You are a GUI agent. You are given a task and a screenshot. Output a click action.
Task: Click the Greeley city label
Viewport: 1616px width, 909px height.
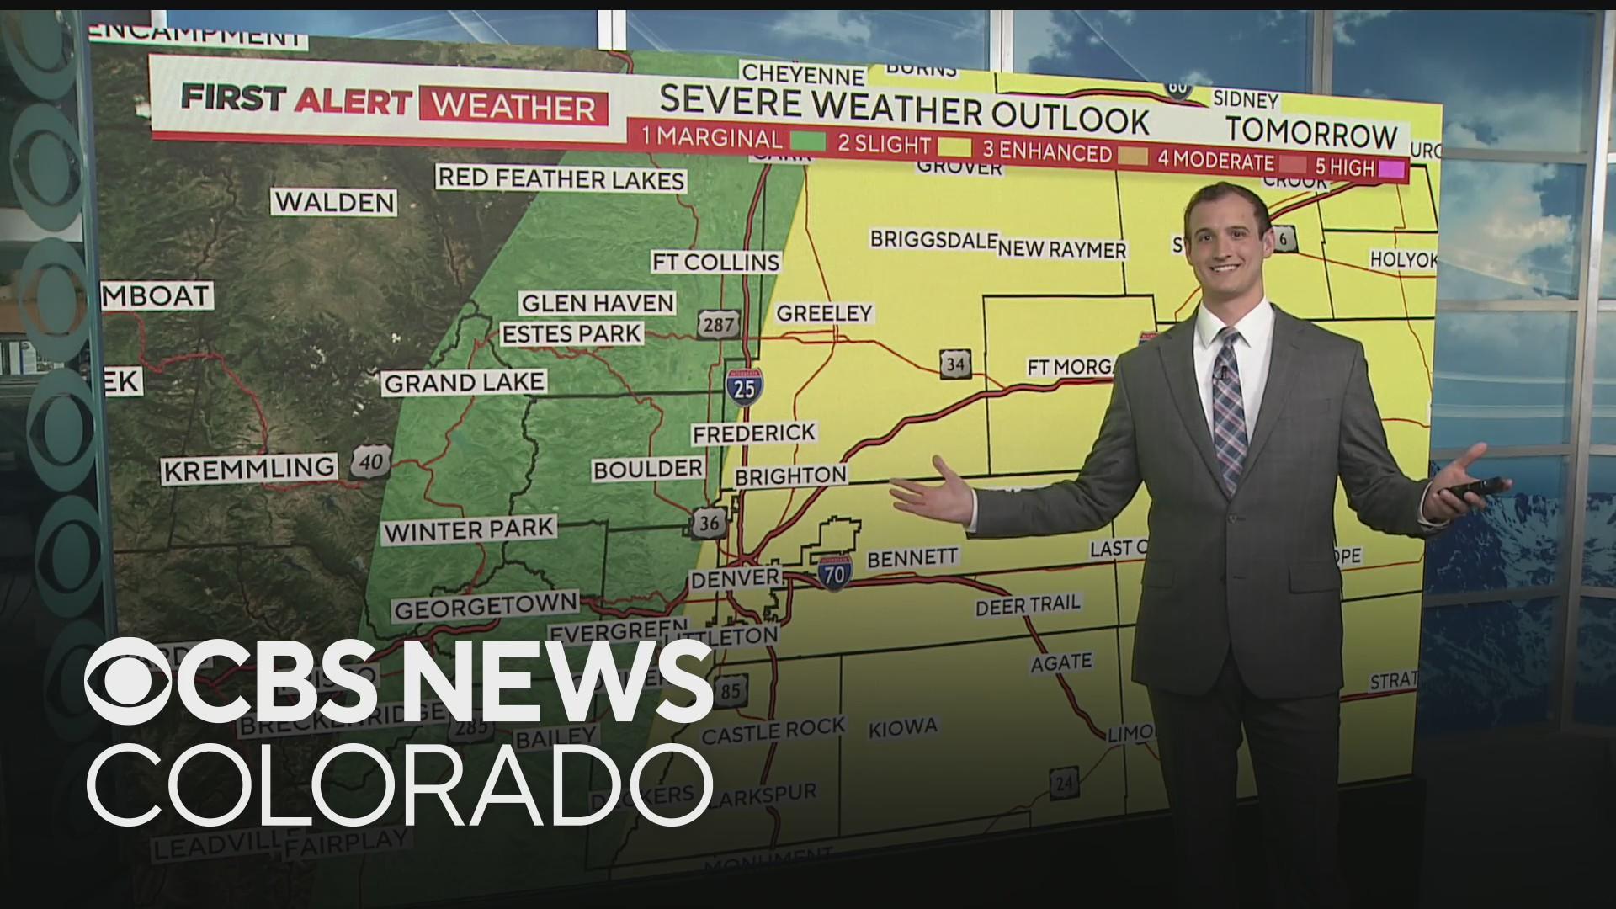pos(824,313)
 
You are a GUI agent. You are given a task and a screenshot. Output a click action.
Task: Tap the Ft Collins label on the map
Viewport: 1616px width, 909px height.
pos(716,262)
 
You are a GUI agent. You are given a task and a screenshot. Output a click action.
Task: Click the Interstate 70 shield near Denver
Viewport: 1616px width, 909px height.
pos(832,571)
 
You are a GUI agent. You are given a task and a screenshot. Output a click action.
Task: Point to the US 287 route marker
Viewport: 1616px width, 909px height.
pos(717,324)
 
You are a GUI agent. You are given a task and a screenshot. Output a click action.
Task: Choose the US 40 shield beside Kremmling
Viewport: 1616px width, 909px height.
pos(369,460)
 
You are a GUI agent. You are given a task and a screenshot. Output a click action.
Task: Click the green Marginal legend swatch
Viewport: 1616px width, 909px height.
pos(806,141)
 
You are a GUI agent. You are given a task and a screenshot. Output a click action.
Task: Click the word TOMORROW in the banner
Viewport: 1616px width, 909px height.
pos(1311,132)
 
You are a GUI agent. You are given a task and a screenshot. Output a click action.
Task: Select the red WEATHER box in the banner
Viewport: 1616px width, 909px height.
pos(513,107)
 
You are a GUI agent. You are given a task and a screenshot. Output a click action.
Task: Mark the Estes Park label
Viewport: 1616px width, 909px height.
pos(571,333)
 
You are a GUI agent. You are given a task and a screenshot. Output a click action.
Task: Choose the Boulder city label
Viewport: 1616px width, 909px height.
pos(647,469)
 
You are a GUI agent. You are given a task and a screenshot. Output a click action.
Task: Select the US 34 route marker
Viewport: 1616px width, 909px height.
pos(954,364)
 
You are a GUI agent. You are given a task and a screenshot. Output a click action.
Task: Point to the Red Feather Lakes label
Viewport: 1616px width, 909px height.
pos(561,178)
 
